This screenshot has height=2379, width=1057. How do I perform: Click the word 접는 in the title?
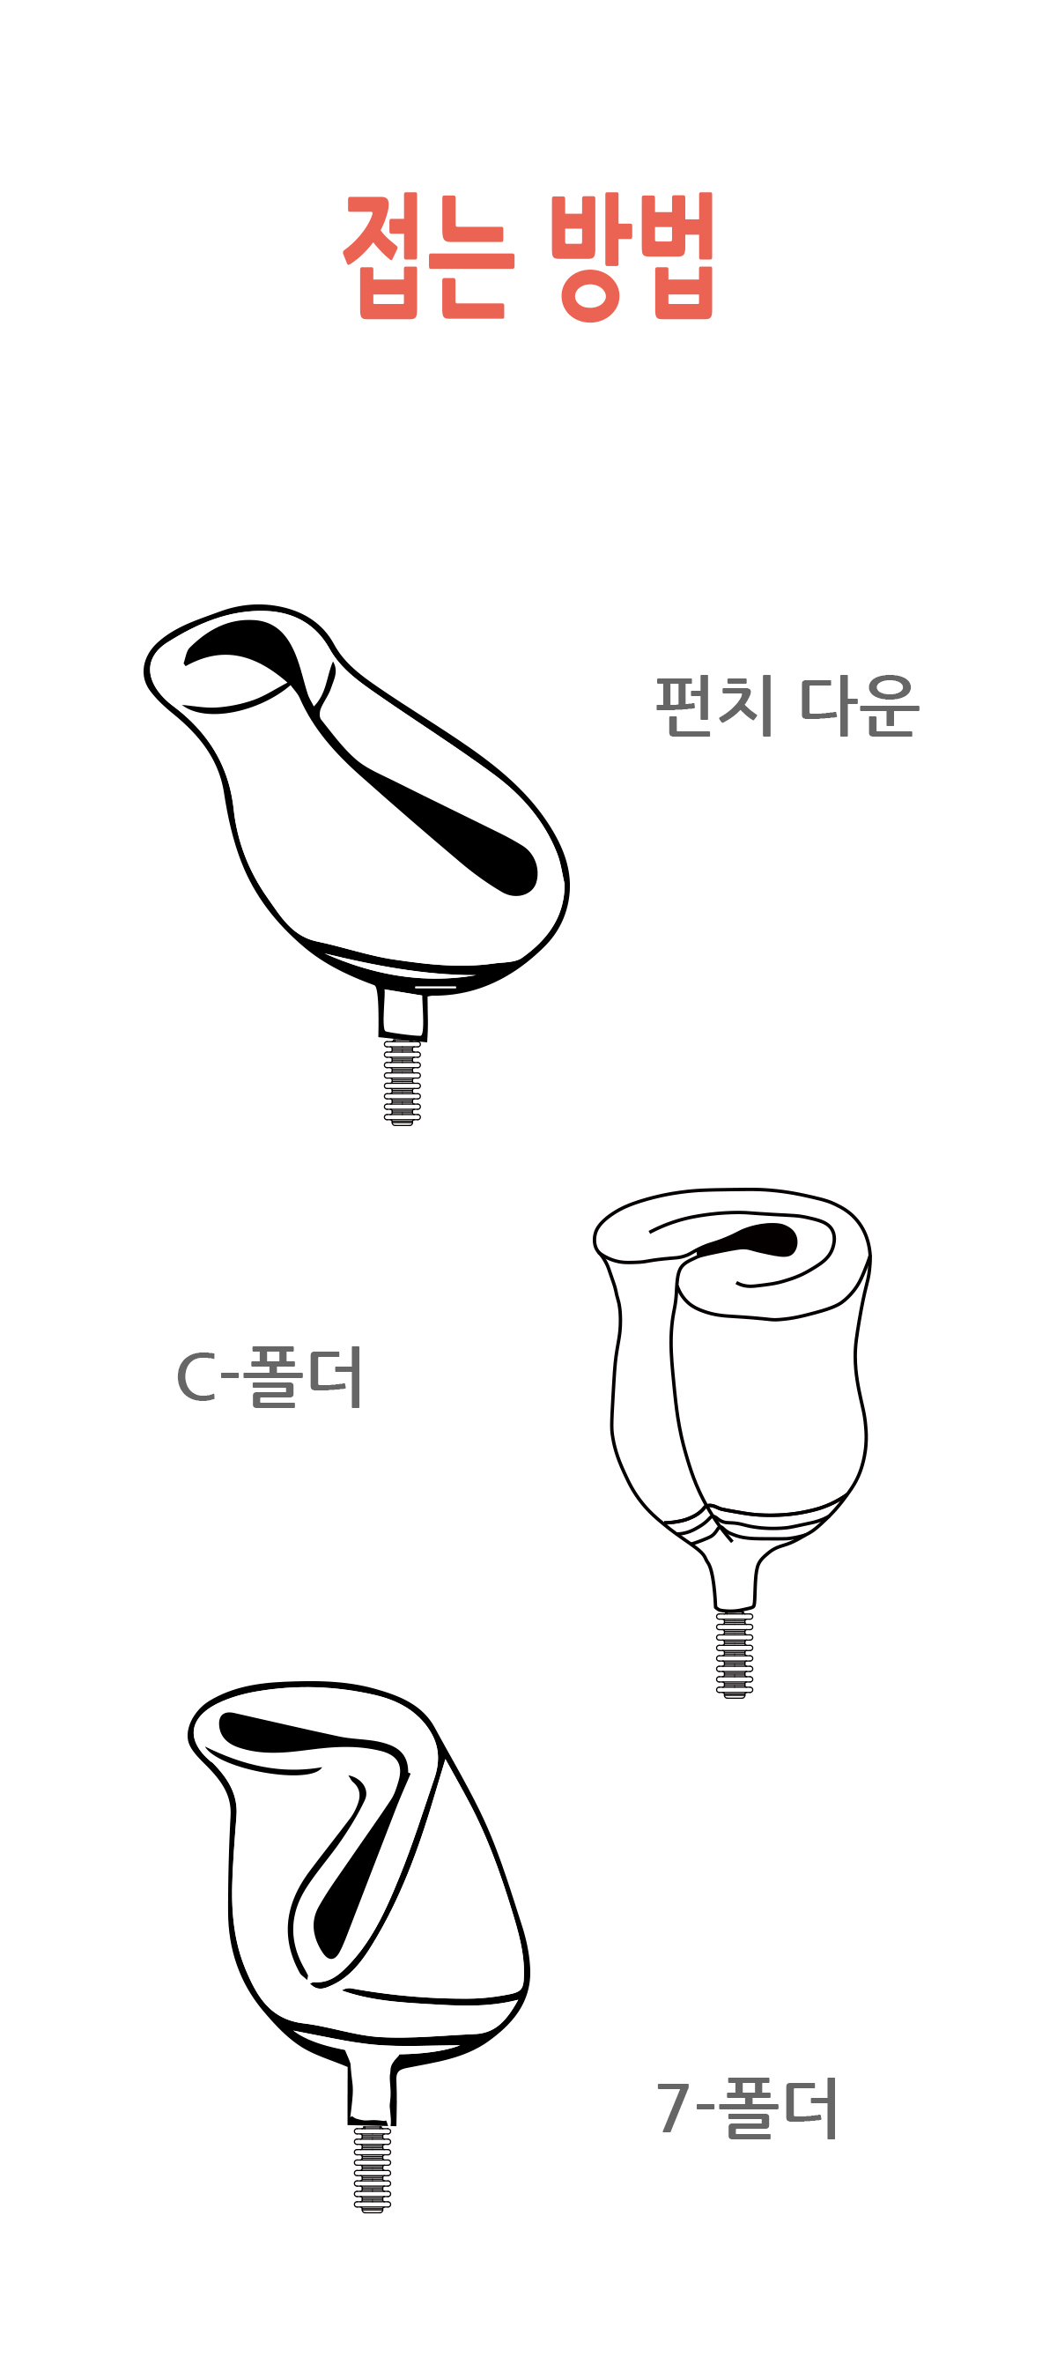[427, 256]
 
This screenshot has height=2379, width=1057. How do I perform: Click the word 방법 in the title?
[632, 256]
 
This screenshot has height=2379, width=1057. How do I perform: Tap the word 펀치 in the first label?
[714, 706]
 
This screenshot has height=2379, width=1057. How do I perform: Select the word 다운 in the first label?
[860, 706]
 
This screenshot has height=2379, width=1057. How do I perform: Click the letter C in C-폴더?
[196, 1378]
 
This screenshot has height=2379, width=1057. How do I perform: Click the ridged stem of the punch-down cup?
[403, 1081]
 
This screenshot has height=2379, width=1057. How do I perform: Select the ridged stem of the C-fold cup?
[734, 1654]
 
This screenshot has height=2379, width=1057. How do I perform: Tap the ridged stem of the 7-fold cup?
[372, 2167]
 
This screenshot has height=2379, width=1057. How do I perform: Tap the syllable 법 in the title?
[684, 256]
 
